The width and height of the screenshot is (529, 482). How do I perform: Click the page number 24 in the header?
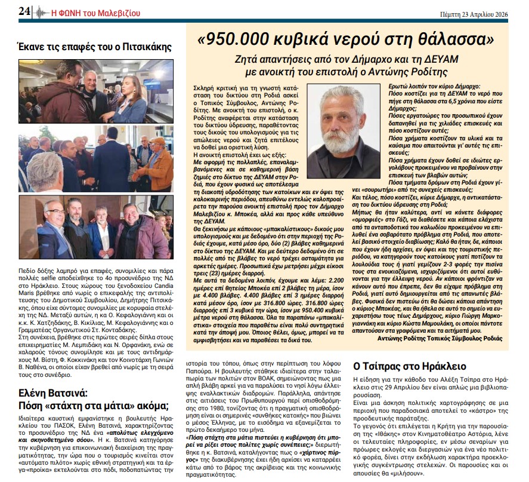[x=24, y=11]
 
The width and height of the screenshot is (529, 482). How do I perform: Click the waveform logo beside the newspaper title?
[x=41, y=11]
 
